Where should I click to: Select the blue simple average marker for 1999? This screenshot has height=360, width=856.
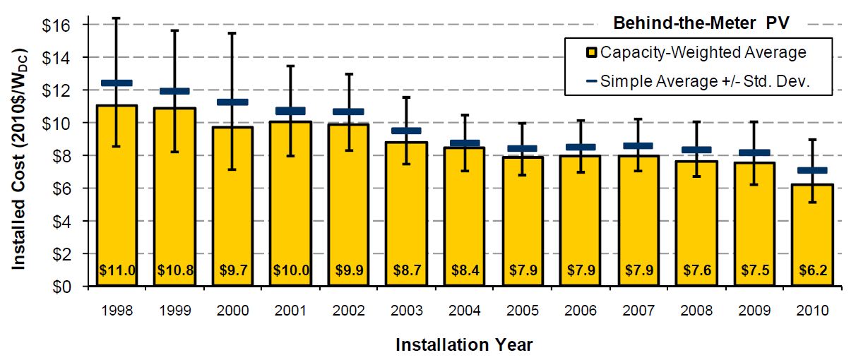[x=174, y=91]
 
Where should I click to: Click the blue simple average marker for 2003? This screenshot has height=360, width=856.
[x=406, y=131]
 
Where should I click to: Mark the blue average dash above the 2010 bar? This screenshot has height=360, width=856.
[x=812, y=170]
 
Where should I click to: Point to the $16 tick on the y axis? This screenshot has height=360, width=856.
[x=57, y=25]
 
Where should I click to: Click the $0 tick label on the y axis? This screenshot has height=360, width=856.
[x=61, y=287]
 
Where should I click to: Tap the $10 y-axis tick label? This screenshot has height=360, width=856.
[x=57, y=123]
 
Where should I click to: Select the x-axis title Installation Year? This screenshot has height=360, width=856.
[x=464, y=345]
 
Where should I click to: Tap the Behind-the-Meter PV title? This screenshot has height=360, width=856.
[x=701, y=23]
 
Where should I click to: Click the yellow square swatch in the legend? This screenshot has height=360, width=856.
[x=592, y=52]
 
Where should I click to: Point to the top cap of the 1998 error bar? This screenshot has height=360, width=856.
[x=117, y=18]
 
